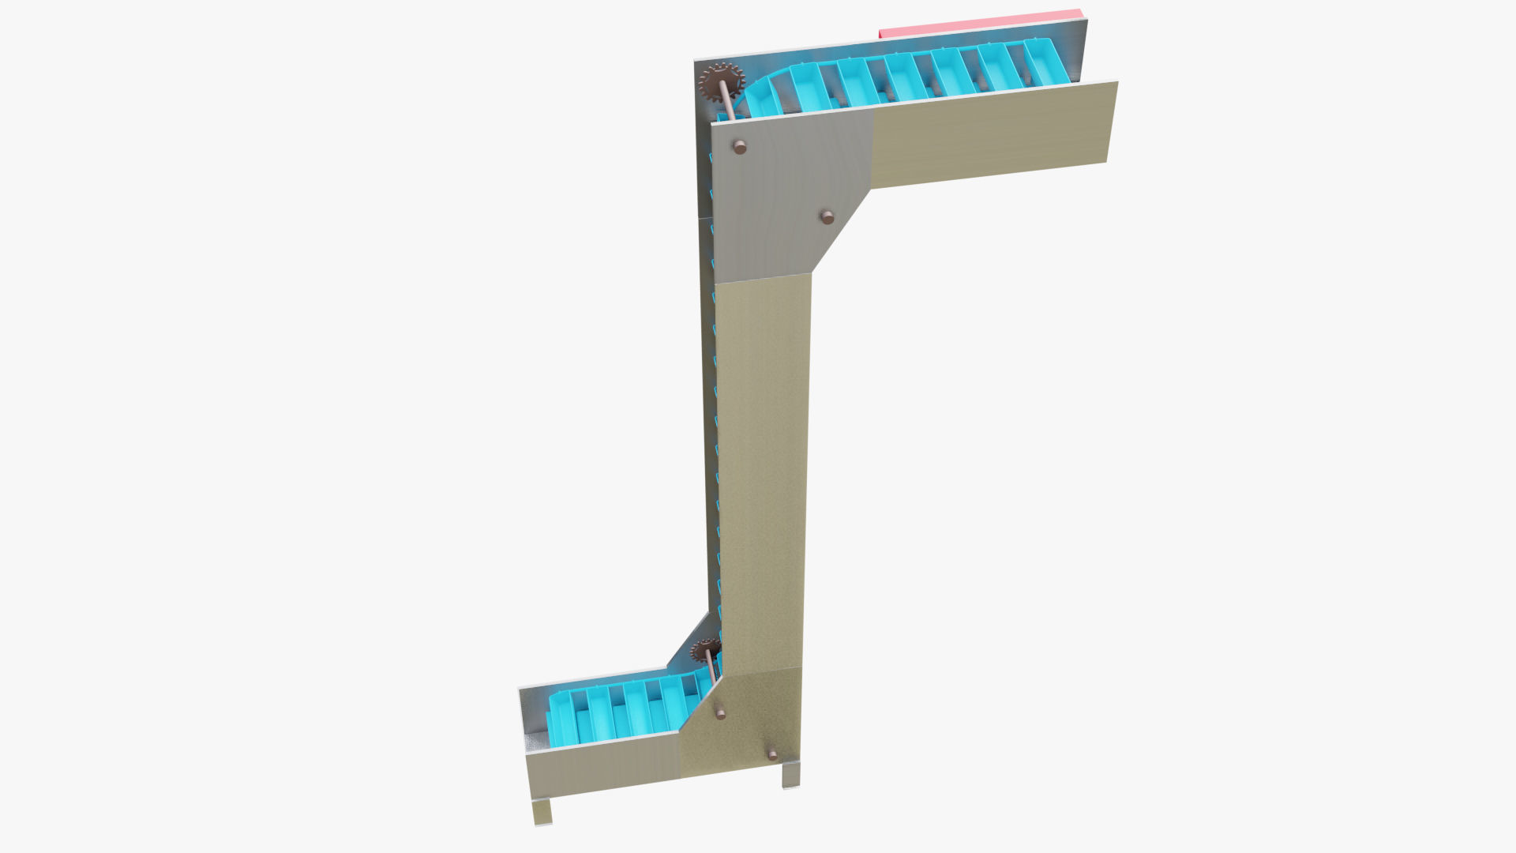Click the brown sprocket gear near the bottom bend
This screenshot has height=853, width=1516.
tap(704, 651)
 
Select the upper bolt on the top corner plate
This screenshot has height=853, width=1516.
tap(740, 147)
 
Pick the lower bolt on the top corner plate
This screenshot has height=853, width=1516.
tap(827, 216)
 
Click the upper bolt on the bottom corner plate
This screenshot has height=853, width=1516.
tap(720, 713)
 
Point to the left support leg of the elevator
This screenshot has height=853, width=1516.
tap(542, 811)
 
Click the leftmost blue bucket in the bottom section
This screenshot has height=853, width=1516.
tap(562, 720)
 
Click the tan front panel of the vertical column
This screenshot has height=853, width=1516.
tap(762, 474)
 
